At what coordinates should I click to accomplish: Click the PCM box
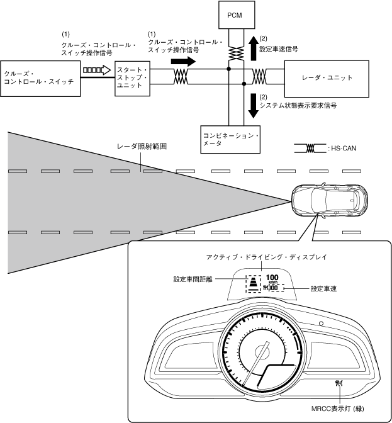click(x=237, y=15)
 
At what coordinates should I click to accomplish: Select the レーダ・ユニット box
click(x=327, y=79)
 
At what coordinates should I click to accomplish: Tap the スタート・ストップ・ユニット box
click(x=132, y=78)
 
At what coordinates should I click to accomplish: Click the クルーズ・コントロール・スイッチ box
click(x=40, y=79)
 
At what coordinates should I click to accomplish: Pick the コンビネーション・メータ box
click(x=230, y=140)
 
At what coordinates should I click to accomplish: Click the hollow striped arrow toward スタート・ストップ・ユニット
click(x=97, y=70)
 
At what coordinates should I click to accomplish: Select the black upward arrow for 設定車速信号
click(x=253, y=48)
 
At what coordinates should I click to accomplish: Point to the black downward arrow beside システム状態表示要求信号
click(x=253, y=106)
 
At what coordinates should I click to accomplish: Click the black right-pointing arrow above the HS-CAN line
click(x=183, y=61)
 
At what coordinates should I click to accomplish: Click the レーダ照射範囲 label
click(x=142, y=147)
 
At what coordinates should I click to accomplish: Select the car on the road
click(x=330, y=200)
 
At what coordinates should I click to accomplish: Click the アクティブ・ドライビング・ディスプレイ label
click(x=266, y=257)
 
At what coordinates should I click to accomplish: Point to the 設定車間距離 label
click(x=193, y=279)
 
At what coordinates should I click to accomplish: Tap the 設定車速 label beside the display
click(x=323, y=289)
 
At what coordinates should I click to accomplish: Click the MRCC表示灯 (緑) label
click(x=337, y=409)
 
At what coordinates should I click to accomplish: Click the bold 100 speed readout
click(x=272, y=278)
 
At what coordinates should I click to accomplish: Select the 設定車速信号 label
click(x=279, y=49)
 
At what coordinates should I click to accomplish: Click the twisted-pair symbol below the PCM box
click(x=236, y=53)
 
